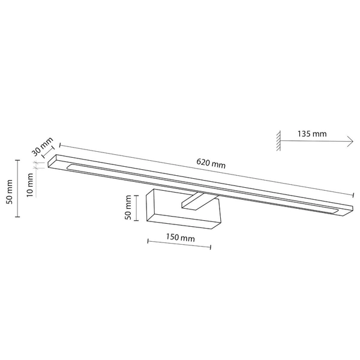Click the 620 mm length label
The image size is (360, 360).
click(x=211, y=163)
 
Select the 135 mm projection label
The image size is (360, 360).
click(x=312, y=134)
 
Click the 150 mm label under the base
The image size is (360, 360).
click(x=179, y=238)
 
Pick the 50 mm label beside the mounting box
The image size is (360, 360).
click(x=127, y=207)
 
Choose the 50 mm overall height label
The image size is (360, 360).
click(x=8, y=191)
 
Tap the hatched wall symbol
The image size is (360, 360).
click(x=278, y=140)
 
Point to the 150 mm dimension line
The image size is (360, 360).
click(x=179, y=247)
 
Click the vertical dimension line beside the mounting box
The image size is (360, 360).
click(x=139, y=208)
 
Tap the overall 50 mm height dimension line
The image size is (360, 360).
click(x=17, y=189)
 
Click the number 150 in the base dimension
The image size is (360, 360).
click(x=172, y=238)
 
